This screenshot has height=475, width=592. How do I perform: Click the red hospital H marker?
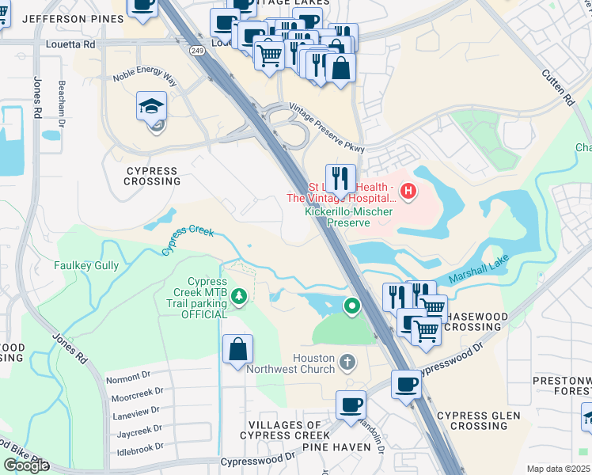(x=408, y=191)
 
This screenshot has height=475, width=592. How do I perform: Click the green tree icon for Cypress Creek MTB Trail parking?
(x=238, y=298)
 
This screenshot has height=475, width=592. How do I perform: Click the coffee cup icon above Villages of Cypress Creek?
(x=351, y=405)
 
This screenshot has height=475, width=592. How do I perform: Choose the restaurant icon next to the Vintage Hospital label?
(x=340, y=178)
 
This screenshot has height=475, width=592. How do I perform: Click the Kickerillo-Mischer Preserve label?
(x=338, y=218)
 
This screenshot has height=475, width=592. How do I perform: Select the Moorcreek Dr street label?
(x=137, y=393)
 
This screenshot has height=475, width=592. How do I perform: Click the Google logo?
(x=26, y=465)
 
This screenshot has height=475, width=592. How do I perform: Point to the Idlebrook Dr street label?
(x=136, y=445)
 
